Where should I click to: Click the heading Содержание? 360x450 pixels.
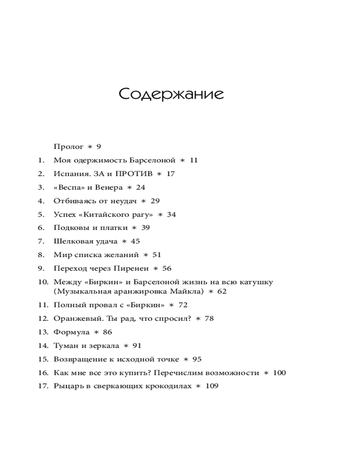(171, 94)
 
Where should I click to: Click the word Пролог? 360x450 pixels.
(68, 147)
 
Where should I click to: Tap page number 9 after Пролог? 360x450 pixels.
(99, 147)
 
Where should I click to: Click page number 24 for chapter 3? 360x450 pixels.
(140, 187)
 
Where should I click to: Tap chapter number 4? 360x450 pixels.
(41, 201)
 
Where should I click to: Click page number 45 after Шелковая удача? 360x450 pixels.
(135, 242)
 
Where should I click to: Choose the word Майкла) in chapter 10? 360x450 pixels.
(189, 292)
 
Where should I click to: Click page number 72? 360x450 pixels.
(183, 305)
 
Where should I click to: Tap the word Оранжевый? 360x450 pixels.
(78, 319)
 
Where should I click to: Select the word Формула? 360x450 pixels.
(71, 332)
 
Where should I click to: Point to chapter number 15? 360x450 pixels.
(43, 359)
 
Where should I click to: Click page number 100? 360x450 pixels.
(279, 373)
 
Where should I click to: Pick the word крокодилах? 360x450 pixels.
(169, 386)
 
